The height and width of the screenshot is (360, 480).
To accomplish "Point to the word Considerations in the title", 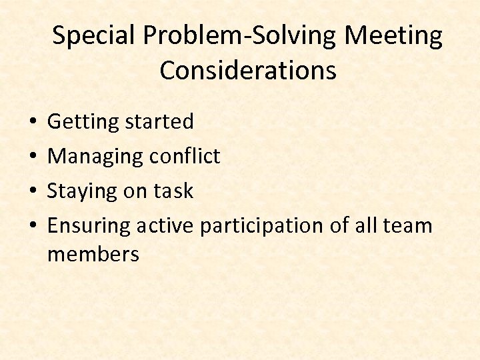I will tap(247, 70).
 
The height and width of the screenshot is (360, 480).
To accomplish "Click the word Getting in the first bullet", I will tap(79, 122).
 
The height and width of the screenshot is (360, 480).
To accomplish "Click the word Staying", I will tap(82, 191).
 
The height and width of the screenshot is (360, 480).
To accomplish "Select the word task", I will tap(173, 191).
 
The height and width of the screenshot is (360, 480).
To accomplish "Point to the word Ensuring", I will tap(89, 226).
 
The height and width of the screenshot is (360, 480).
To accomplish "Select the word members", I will tap(93, 254).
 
